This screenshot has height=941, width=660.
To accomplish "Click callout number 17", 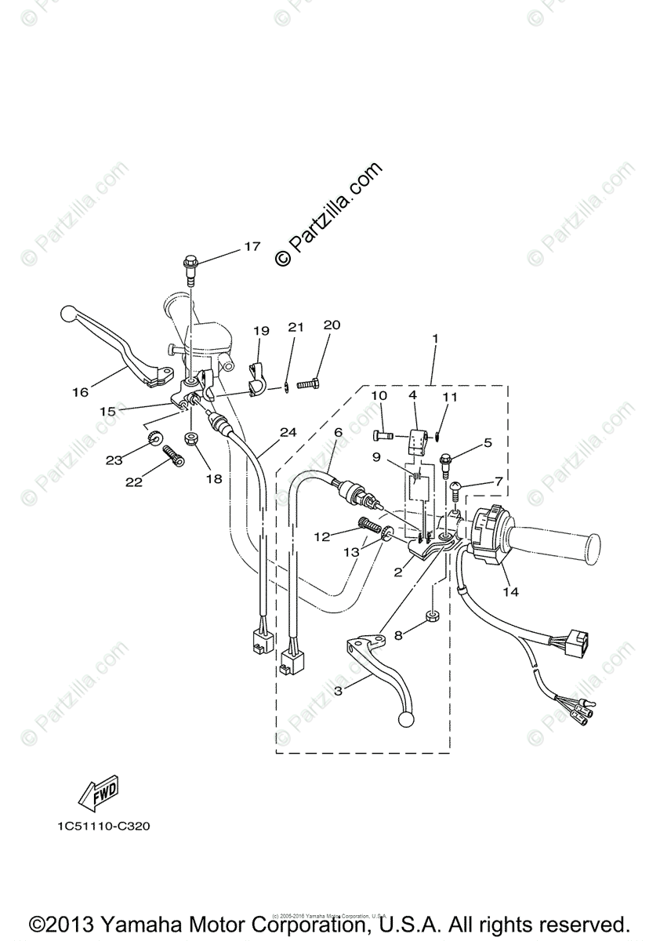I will click(251, 247).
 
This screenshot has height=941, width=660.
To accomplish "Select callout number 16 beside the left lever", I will click(81, 392).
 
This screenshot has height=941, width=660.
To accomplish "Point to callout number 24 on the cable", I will click(288, 432).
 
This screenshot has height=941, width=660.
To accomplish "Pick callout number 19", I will click(261, 331).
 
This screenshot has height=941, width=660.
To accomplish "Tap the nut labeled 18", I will click(190, 437).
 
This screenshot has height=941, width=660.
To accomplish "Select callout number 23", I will click(114, 460).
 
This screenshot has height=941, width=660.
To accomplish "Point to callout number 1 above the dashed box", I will click(434, 339).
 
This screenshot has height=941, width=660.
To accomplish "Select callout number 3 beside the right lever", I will click(338, 690).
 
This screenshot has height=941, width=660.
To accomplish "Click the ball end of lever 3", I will click(406, 720).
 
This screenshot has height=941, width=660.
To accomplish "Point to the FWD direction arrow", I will click(98, 795).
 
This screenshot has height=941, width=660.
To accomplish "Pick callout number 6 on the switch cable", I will click(338, 432).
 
